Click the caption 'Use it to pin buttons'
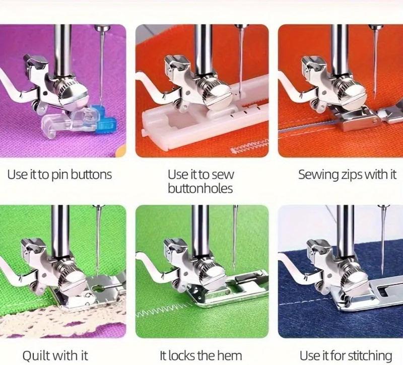[59, 175]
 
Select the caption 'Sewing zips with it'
[347, 175]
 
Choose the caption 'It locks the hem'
[201, 355]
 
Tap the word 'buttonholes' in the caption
[200, 189]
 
